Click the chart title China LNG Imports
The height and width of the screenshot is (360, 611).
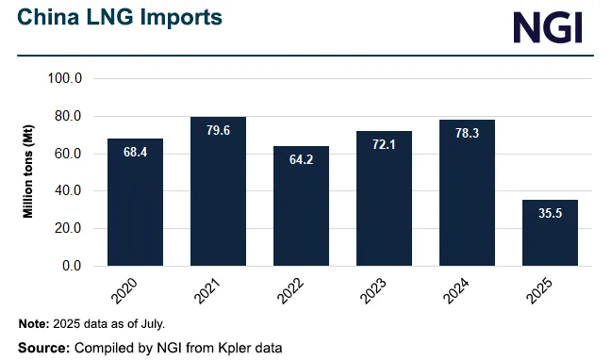coord(121,17)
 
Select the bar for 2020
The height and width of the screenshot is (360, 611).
coord(135,202)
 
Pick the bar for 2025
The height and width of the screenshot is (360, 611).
coord(550,233)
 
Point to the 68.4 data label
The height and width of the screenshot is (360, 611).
coord(135,152)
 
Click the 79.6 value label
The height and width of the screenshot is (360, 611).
coord(218,131)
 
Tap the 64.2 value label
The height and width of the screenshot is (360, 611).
coord(301,159)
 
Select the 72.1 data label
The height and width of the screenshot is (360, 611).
coord(384,145)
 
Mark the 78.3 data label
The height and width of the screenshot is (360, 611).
coord(467,134)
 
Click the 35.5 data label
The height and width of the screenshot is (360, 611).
coord(550,214)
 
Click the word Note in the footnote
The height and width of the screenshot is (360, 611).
coord(33,324)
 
